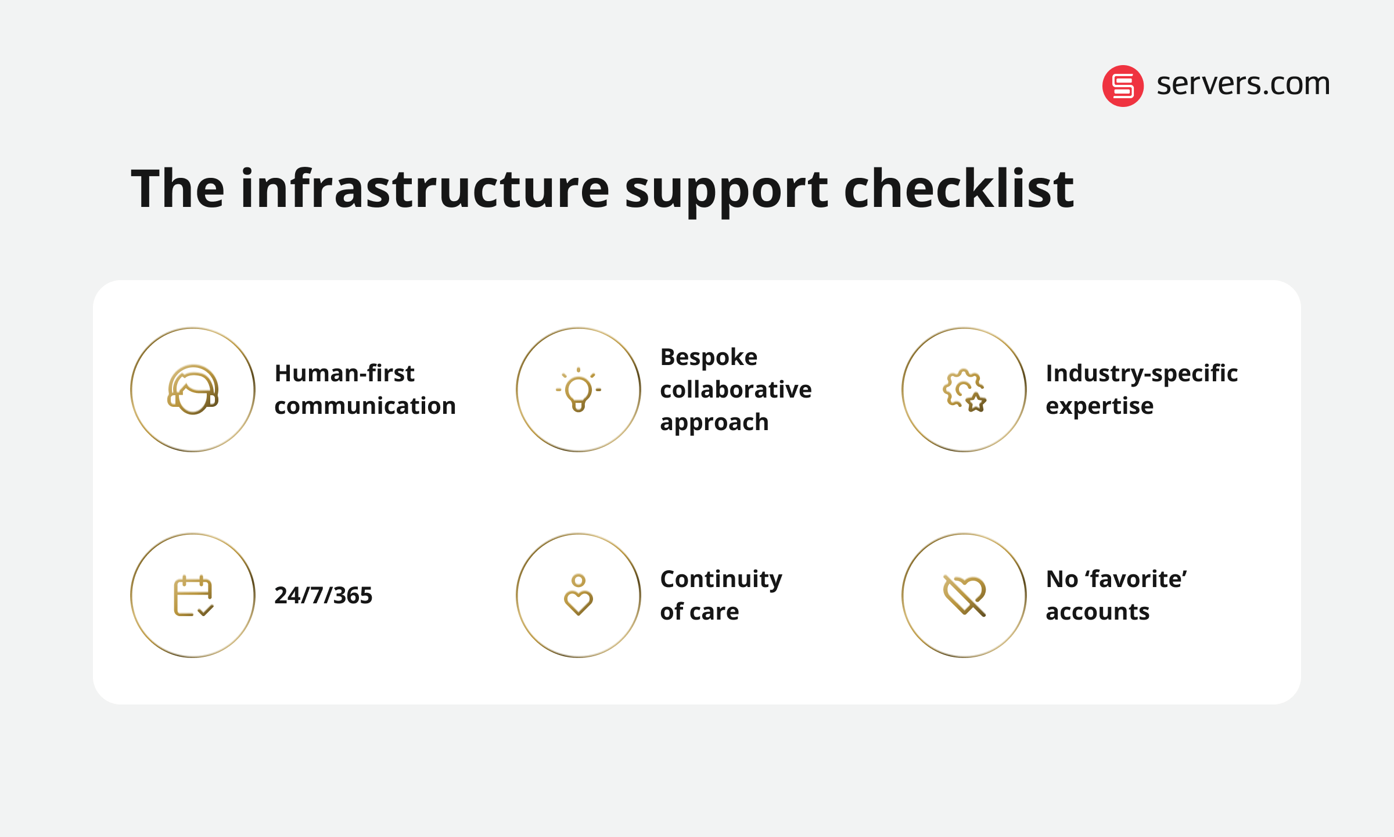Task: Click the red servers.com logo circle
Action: tap(1123, 86)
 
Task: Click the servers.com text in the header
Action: tap(1243, 84)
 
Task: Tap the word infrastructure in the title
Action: tap(425, 189)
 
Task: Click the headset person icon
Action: tap(193, 389)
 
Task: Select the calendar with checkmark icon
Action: tap(193, 596)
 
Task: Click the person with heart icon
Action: tap(579, 596)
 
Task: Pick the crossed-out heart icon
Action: tap(964, 596)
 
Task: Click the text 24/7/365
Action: tap(323, 596)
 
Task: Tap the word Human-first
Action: tap(344, 374)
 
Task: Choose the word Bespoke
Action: tap(709, 357)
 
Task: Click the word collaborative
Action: tap(736, 390)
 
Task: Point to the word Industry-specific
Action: tap(1141, 374)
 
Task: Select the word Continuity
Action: tap(721, 580)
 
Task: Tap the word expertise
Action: tap(1099, 406)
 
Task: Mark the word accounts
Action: tap(1097, 612)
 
